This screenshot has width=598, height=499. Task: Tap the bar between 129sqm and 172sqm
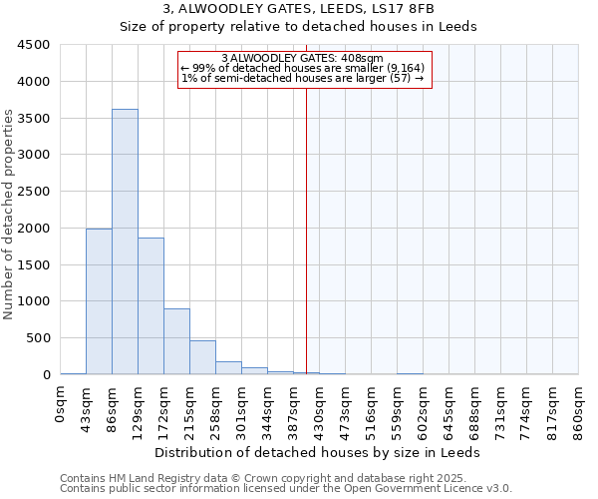tap(150, 305)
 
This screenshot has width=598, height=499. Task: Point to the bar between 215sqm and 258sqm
tap(202, 357)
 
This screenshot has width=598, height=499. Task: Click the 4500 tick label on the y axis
tap(34, 45)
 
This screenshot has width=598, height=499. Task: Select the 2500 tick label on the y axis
tap(34, 192)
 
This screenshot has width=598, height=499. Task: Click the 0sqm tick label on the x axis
tap(61, 405)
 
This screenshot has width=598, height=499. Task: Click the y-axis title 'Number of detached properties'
tap(10, 216)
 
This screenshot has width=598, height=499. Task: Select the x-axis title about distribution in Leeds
tap(319, 452)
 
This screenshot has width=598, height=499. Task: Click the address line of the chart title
tap(298, 10)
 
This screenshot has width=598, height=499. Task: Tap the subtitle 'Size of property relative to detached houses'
tap(298, 27)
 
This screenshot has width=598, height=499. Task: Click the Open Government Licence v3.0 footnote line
tap(286, 489)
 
